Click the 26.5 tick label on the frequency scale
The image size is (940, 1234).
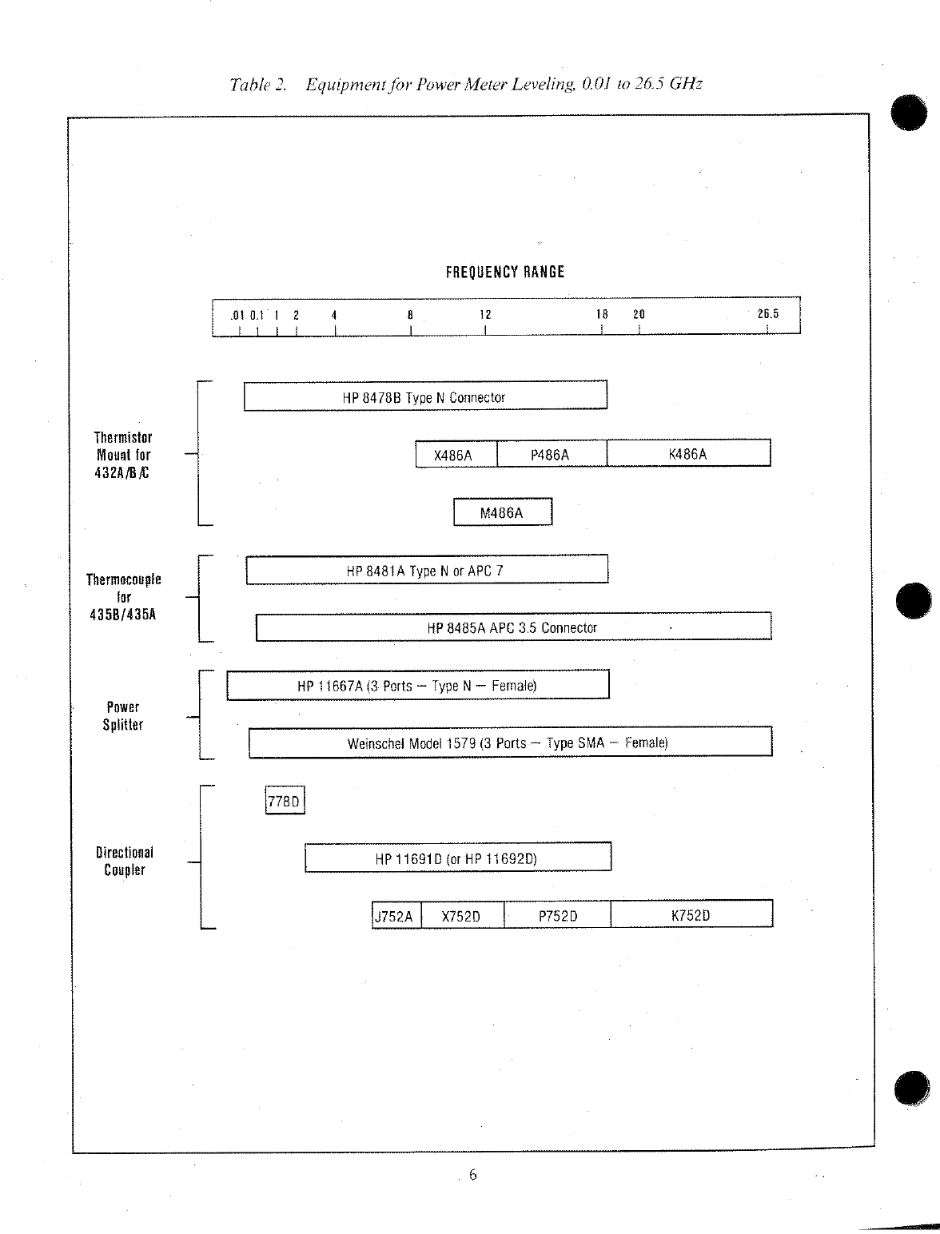pyautogui.click(x=767, y=314)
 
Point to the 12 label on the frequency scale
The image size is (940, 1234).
pyautogui.click(x=485, y=314)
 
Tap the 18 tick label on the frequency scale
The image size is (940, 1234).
pyautogui.click(x=602, y=314)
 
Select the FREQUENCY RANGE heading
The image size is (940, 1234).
pyautogui.click(x=505, y=272)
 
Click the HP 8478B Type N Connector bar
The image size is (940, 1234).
pyautogui.click(x=425, y=396)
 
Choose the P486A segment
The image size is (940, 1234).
pyautogui.click(x=552, y=454)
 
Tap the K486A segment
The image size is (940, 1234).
pyautogui.click(x=688, y=454)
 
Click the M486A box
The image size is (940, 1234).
pyautogui.click(x=503, y=512)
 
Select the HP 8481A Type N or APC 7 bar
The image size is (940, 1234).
pyautogui.click(x=427, y=570)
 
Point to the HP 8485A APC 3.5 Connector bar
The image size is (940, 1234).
pyautogui.click(x=513, y=627)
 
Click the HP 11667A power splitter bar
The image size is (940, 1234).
pyautogui.click(x=418, y=686)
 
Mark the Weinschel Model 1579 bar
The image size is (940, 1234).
pyautogui.click(x=510, y=742)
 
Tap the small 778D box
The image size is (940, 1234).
pyautogui.click(x=285, y=801)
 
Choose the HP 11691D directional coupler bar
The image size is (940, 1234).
pyautogui.click(x=458, y=858)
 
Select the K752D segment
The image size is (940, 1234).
pyautogui.click(x=691, y=915)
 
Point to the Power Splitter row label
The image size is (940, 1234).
pyautogui.click(x=123, y=716)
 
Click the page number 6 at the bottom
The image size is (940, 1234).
pyautogui.click(x=473, y=1174)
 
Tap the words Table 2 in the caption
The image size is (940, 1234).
pyautogui.click(x=257, y=85)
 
